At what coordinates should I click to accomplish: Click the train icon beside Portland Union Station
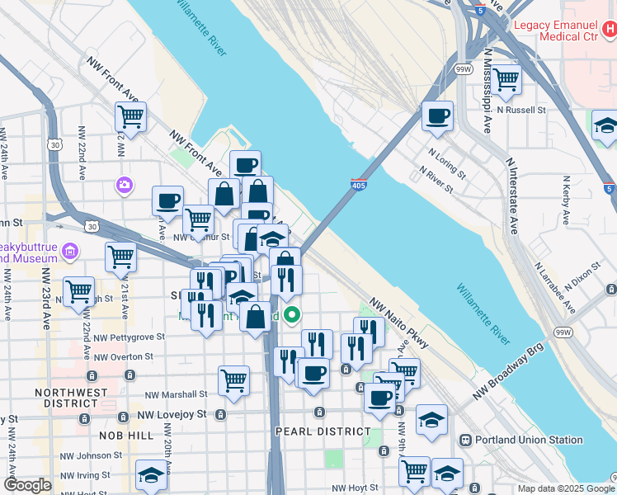pyautogui.click(x=465, y=440)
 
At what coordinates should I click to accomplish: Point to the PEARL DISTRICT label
pyautogui.click(x=323, y=431)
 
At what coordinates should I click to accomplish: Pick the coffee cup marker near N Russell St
pyautogui.click(x=437, y=115)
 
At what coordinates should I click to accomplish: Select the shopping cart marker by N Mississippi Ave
pyautogui.click(x=506, y=79)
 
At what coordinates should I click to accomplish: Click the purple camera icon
pyautogui.click(x=125, y=183)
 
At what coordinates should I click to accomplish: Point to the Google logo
pyautogui.click(x=27, y=485)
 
